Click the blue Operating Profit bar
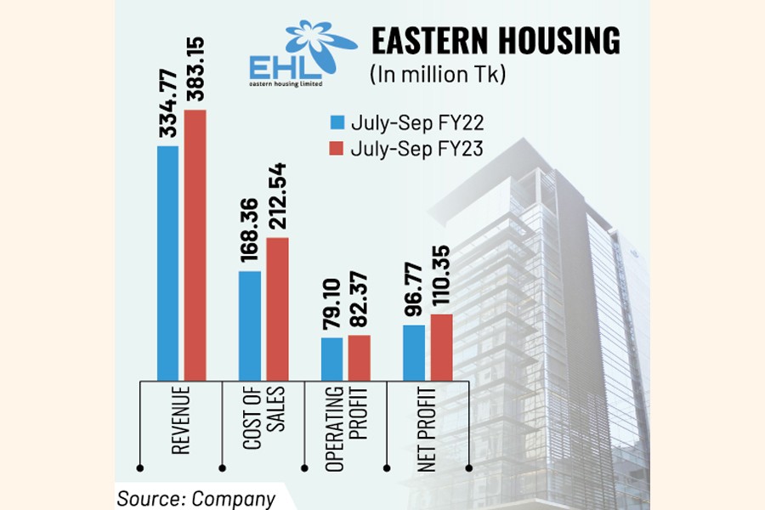pyautogui.click(x=332, y=358)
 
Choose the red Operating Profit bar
pyautogui.click(x=360, y=357)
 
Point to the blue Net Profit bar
pyautogui.click(x=414, y=352)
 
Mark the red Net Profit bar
pyautogui.click(x=442, y=346)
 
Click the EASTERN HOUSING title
pyautogui.click(x=495, y=42)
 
